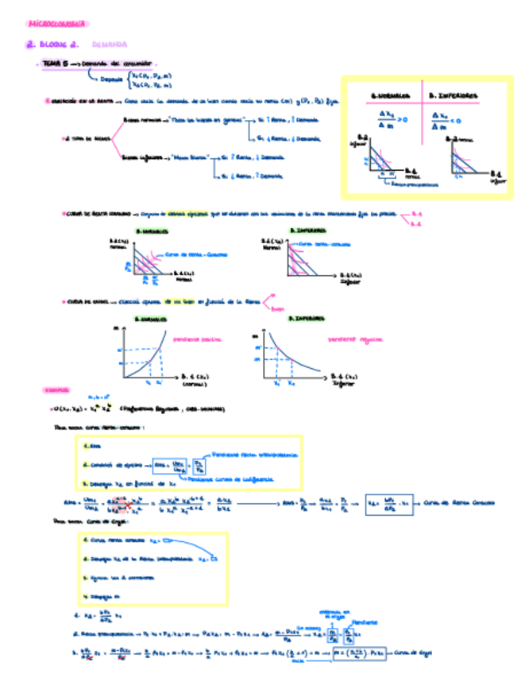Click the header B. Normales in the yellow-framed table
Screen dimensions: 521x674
pyautogui.click(x=388, y=95)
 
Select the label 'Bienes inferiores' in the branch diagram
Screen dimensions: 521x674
pyautogui.click(x=144, y=157)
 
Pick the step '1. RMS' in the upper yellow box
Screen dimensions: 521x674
pyautogui.click(x=93, y=445)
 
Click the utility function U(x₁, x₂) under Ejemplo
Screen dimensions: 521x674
pyautogui.click(x=79, y=409)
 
